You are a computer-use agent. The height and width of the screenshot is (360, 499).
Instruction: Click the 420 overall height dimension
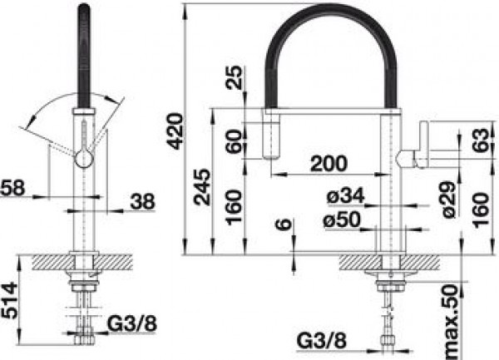click(175, 131)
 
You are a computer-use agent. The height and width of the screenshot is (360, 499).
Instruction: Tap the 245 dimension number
click(203, 187)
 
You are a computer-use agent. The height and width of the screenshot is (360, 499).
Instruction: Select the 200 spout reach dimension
click(329, 164)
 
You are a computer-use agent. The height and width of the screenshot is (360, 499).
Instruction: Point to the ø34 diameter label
click(345, 195)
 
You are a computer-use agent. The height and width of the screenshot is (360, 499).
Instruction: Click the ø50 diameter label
click(342, 219)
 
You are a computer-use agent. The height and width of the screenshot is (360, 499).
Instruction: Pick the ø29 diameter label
click(451, 200)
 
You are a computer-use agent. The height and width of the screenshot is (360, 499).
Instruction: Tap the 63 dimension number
click(480, 141)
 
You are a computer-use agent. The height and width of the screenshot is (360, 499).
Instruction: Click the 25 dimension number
click(235, 77)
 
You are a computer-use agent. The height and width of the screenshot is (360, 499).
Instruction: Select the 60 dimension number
click(235, 141)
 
